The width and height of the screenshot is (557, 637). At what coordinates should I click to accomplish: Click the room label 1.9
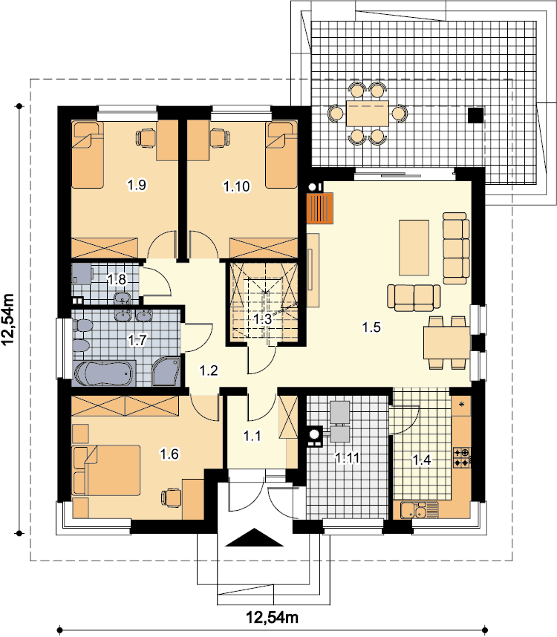click(x=137, y=186)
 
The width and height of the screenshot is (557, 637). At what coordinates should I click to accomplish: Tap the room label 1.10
click(x=237, y=186)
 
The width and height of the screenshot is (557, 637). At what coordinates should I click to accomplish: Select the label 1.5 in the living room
click(x=371, y=327)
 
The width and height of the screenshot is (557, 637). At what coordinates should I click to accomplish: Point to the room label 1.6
click(x=169, y=454)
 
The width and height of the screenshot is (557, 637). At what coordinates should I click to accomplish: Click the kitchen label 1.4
click(x=422, y=460)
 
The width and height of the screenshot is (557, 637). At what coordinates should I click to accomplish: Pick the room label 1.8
click(x=117, y=279)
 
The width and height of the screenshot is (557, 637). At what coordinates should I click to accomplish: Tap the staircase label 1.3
click(x=262, y=319)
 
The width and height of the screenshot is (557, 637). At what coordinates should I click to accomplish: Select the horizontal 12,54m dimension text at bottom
click(x=273, y=618)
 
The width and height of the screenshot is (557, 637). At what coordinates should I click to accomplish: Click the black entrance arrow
click(x=254, y=538)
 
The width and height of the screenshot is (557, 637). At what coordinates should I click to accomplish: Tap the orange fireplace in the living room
click(x=320, y=208)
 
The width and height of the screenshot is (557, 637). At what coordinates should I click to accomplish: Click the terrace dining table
click(x=368, y=114)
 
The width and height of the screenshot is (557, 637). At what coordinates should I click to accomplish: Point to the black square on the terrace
click(x=476, y=115)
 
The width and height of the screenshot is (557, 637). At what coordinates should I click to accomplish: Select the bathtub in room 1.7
click(x=103, y=373)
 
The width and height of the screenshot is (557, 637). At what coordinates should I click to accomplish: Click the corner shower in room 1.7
click(x=166, y=372)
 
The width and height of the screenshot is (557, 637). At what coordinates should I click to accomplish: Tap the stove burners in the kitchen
click(x=462, y=457)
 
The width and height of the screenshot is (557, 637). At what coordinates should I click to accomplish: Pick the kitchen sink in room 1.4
click(x=419, y=510)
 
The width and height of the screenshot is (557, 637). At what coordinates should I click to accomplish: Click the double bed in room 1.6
click(x=106, y=471)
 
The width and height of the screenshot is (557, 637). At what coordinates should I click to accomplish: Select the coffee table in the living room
click(x=414, y=248)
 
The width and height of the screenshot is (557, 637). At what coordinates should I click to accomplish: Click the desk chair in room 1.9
click(x=146, y=137)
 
